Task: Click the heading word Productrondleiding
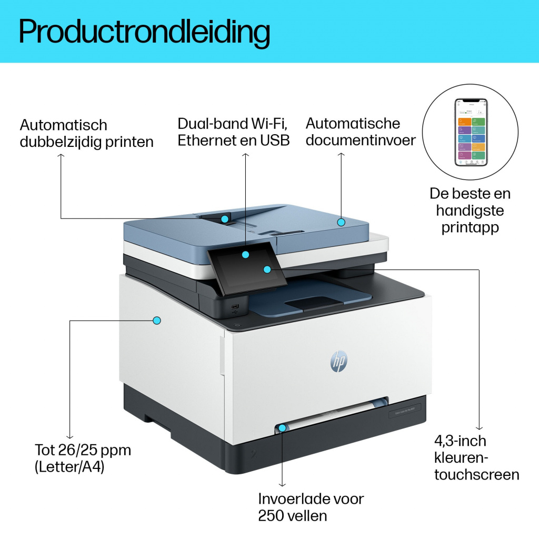point(144,32)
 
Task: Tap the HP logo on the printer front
point(338,361)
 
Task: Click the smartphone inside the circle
point(470,132)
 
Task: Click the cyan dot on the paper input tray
point(283,428)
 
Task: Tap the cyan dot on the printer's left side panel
point(156,320)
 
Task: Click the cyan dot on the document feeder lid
point(341,222)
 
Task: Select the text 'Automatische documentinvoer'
point(361,132)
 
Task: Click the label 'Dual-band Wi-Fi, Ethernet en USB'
point(233,132)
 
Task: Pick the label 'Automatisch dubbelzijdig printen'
point(86,133)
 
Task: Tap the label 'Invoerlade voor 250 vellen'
point(311,506)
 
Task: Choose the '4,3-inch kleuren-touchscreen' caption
point(476,457)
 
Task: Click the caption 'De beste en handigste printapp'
point(470,210)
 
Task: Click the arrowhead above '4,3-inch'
point(479,427)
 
